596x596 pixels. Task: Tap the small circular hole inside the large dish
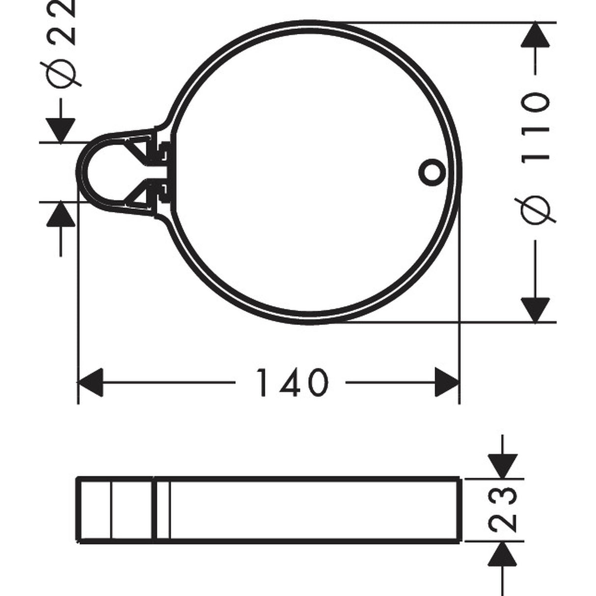click(432, 172)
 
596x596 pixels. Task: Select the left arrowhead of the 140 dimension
click(90, 383)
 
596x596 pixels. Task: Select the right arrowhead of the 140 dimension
click(447, 383)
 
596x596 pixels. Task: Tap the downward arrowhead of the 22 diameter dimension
click(60, 131)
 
